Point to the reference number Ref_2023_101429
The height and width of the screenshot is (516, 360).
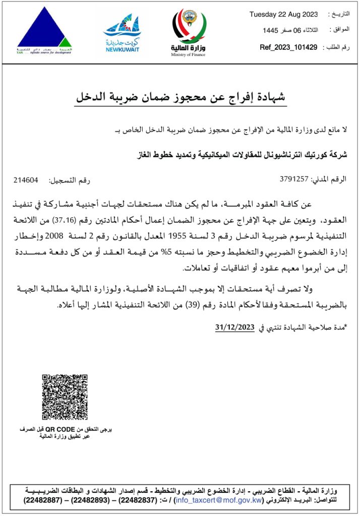(288, 47)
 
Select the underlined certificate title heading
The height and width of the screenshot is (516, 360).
(180, 97)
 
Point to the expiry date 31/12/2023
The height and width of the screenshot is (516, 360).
(235, 327)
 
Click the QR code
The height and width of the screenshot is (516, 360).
(65, 397)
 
